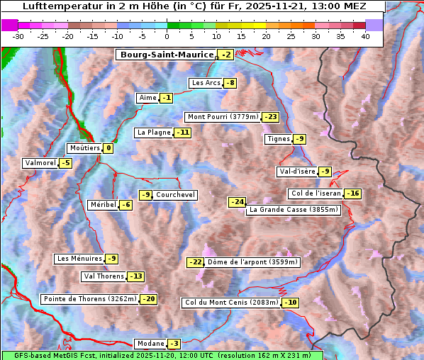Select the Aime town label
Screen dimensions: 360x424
(147, 98)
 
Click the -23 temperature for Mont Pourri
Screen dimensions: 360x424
(270, 117)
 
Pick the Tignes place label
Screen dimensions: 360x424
(277, 139)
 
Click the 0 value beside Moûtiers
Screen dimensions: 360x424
(108, 149)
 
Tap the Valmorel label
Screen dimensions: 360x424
(40, 163)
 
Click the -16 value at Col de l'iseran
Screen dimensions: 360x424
(352, 193)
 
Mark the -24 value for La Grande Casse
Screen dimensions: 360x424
(237, 202)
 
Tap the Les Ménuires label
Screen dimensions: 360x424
(79, 259)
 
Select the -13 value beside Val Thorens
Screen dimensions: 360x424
(135, 276)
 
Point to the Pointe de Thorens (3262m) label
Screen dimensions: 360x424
(90, 299)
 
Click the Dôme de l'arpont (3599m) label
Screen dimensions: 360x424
(253, 262)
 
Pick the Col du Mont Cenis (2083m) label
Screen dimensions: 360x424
(231, 303)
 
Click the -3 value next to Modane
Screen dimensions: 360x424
(174, 344)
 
